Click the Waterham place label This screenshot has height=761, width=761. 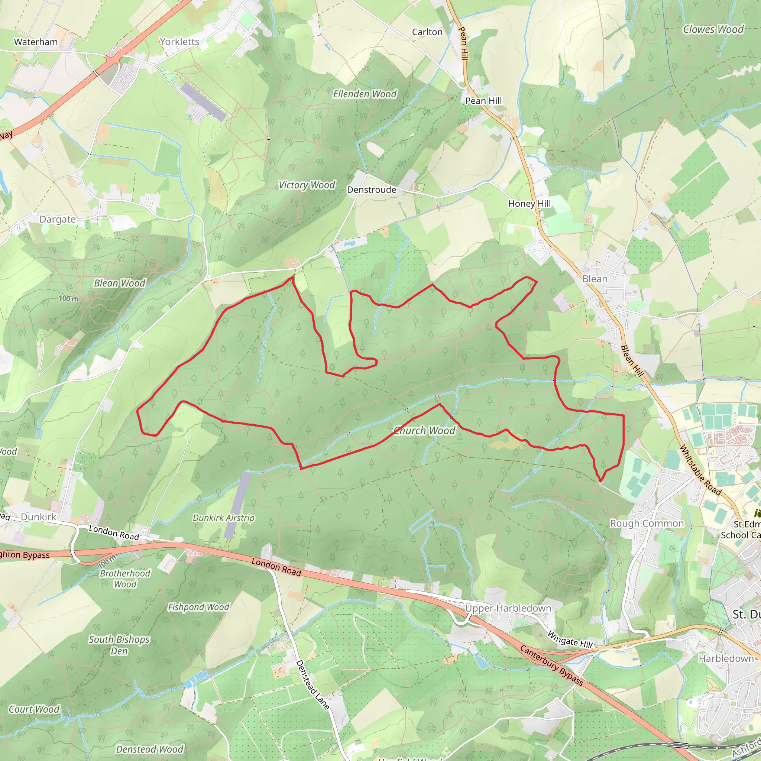pyautogui.click(x=36, y=42)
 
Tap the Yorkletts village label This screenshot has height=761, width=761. pyautogui.click(x=179, y=41)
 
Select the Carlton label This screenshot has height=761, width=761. pyautogui.click(x=427, y=32)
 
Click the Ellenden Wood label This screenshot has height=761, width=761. pyautogui.click(x=365, y=94)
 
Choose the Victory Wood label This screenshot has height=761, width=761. pyautogui.click(x=307, y=185)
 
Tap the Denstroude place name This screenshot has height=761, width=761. pyautogui.click(x=372, y=190)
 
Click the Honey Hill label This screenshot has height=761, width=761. pyautogui.click(x=530, y=203)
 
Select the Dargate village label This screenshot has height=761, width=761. pyautogui.click(x=58, y=219)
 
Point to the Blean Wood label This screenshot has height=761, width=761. pyautogui.click(x=119, y=283)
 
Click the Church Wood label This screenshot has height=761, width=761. pyautogui.click(x=425, y=431)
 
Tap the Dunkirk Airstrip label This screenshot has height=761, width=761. pyautogui.click(x=223, y=518)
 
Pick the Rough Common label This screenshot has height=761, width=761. pyautogui.click(x=647, y=523)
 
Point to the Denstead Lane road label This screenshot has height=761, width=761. pyautogui.click(x=313, y=685)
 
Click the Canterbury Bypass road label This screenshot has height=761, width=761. pyautogui.click(x=551, y=665)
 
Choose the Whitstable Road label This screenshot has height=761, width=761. pyautogui.click(x=700, y=470)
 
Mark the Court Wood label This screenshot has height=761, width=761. pyautogui.click(x=34, y=709)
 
